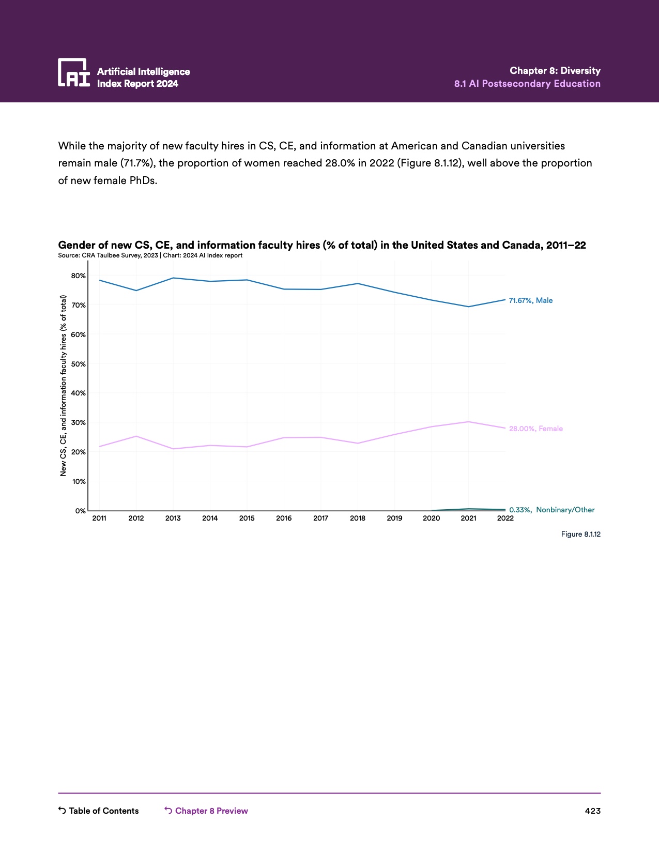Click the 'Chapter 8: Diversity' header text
click(x=555, y=71)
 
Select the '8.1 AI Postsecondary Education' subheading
click(x=527, y=84)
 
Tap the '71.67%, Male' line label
click(x=530, y=300)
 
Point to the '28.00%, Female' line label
click(x=535, y=429)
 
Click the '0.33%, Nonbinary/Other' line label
click(x=551, y=510)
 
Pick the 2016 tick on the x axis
click(x=284, y=518)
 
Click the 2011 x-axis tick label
click(x=99, y=518)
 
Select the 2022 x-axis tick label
click(x=505, y=518)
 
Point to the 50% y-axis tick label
click(x=79, y=364)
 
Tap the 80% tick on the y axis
click(x=79, y=276)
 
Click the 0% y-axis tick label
click(x=81, y=511)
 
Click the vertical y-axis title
click(x=64, y=385)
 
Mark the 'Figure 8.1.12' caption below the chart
click(x=580, y=534)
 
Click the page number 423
click(x=592, y=811)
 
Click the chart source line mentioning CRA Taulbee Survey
click(x=150, y=255)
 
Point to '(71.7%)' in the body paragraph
click(x=138, y=163)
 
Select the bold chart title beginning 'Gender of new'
click(x=321, y=245)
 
